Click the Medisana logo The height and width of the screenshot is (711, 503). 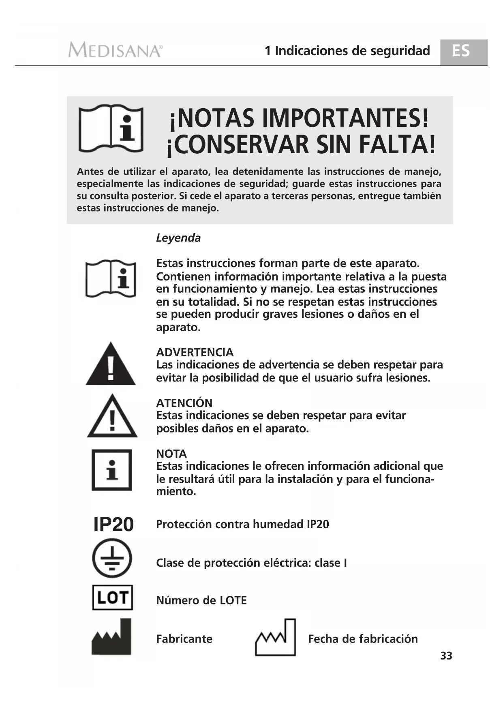click(x=115, y=50)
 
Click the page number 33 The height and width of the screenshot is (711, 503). click(x=446, y=655)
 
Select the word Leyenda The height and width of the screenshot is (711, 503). click(x=178, y=238)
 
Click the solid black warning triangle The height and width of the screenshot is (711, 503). click(x=111, y=364)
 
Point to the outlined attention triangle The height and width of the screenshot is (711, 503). click(x=112, y=417)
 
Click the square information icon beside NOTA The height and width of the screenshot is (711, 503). click(x=112, y=470)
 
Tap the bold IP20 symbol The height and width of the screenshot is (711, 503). click(x=113, y=525)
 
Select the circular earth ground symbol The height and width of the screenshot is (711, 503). click(x=112, y=558)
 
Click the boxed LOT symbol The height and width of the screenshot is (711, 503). click(x=113, y=597)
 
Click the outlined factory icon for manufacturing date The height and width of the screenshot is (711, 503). click(x=276, y=637)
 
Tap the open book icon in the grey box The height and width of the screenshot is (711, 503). click(x=111, y=128)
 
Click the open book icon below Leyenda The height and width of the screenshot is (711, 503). click(x=111, y=278)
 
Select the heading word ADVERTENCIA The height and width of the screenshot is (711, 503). click(x=195, y=352)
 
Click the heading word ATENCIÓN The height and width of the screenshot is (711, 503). click(x=184, y=403)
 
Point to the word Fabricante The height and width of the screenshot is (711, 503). click(x=184, y=639)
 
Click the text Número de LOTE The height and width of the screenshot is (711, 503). click(x=201, y=600)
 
